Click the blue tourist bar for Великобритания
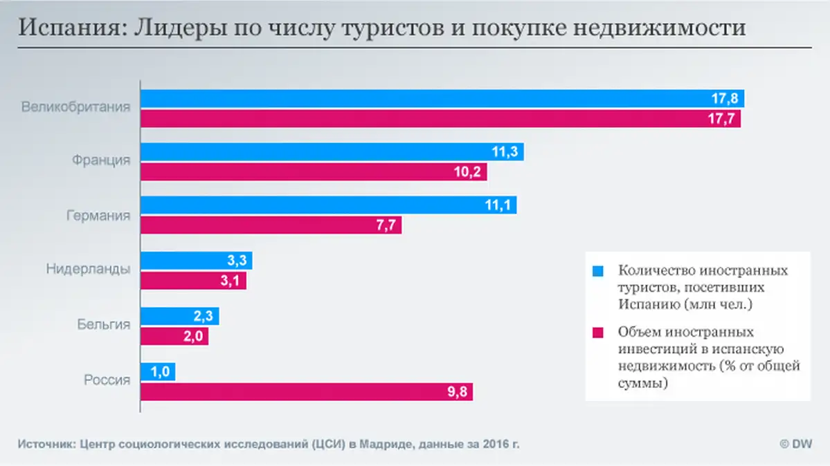(x=415, y=99)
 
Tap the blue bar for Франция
(x=332, y=152)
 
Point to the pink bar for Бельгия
(x=174, y=336)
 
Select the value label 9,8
(x=459, y=393)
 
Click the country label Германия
(x=98, y=216)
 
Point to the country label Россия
(x=107, y=379)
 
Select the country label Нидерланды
(x=88, y=270)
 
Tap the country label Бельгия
(x=103, y=324)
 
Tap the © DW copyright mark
(x=795, y=443)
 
